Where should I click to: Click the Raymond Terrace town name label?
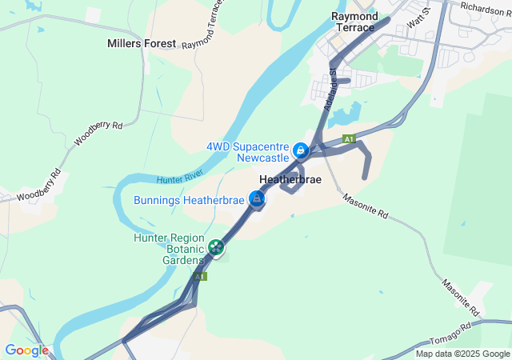pos(354,22)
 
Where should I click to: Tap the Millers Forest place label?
pos(142,43)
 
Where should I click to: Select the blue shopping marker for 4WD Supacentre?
pos(300,150)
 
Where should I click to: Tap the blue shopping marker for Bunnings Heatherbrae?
pos(257,199)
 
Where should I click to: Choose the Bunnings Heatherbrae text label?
pos(188,200)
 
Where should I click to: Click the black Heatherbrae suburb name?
pos(290,180)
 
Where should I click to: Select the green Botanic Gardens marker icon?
pos(215,248)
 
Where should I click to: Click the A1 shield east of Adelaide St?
pos(349,139)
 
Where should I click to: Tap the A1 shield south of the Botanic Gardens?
pos(199,276)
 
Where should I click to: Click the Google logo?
pos(26,350)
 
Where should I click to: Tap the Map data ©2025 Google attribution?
pos(462,354)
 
